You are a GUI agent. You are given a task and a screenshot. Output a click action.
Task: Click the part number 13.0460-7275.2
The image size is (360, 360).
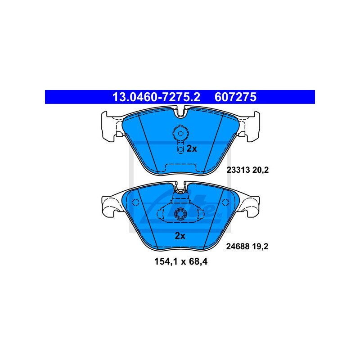click(156, 97)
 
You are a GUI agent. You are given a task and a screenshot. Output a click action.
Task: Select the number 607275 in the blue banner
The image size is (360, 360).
click(235, 97)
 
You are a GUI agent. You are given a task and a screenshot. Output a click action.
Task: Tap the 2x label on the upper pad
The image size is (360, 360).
click(192, 148)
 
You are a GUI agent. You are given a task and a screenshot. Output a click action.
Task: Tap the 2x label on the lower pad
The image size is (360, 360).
click(180, 236)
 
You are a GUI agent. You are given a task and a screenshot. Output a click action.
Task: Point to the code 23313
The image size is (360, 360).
click(238, 170)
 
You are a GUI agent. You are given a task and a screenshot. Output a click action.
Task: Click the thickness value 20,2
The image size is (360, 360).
click(261, 170)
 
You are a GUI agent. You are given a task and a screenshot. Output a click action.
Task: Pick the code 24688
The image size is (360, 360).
click(238, 246)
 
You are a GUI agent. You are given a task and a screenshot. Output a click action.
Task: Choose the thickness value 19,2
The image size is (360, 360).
click(260, 247)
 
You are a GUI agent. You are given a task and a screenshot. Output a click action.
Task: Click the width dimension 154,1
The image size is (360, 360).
click(166, 261)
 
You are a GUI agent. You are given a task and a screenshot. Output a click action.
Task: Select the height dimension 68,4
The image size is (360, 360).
click(198, 261)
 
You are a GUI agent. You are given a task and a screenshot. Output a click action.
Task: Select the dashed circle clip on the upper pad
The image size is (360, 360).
click(181, 133)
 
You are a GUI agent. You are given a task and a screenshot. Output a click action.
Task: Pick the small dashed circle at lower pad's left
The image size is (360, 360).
click(136, 202)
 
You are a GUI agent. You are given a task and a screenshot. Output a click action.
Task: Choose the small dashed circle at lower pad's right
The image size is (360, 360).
click(225, 202)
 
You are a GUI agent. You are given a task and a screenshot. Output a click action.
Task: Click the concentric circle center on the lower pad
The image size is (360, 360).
click(180, 214)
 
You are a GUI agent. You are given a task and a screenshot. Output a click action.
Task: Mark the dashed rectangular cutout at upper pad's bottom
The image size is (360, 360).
click(181, 168)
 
